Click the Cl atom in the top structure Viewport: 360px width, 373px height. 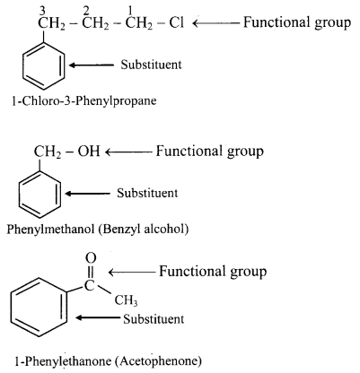coord(176,22)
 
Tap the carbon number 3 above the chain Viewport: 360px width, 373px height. coord(42,11)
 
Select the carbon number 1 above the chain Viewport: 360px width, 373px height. coord(130,11)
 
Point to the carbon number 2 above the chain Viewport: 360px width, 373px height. coord(86,11)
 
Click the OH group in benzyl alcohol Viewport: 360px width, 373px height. coord(89,152)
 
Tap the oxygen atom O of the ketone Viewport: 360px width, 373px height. coord(91,258)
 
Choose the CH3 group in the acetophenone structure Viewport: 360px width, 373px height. coord(126,300)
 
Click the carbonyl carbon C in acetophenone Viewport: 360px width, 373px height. coord(89,286)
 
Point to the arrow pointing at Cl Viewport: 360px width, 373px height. coord(215,22)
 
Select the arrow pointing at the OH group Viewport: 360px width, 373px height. coord(128,152)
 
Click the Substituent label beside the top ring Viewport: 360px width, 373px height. coord(151,65)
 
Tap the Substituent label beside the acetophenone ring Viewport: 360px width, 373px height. coord(154,319)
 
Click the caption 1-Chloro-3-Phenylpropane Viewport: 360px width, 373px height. coord(84,101)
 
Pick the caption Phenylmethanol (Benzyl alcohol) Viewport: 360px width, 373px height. coord(98,229)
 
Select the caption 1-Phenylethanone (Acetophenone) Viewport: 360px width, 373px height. coord(108,361)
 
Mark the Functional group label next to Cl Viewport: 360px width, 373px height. coord(297,23)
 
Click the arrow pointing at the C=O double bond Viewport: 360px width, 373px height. coord(132,273)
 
